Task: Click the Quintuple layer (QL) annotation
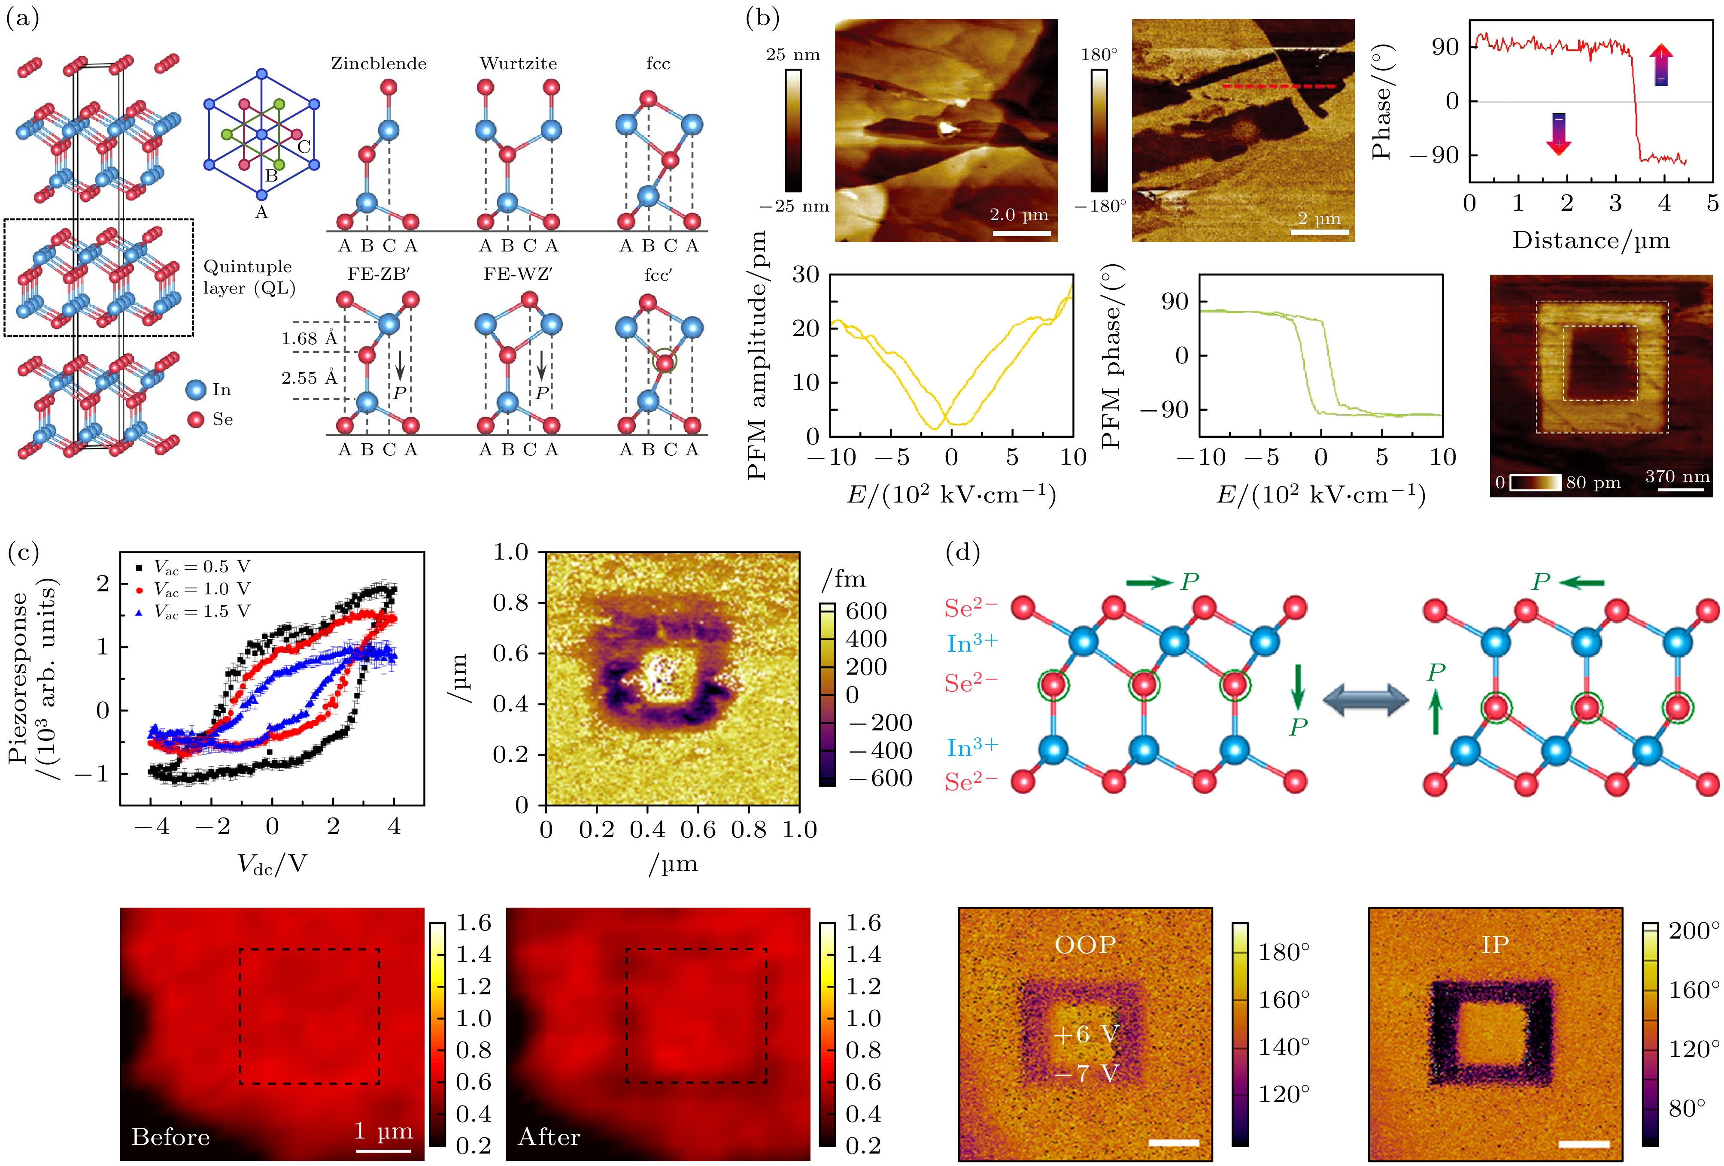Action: (249, 277)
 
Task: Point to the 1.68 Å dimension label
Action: (310, 339)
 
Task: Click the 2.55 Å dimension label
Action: (310, 378)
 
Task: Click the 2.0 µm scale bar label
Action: (1019, 215)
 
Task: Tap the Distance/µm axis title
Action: (1591, 240)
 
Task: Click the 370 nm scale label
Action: (1677, 476)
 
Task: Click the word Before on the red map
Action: (170, 1137)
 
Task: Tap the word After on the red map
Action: (549, 1137)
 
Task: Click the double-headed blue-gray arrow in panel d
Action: (1366, 700)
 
